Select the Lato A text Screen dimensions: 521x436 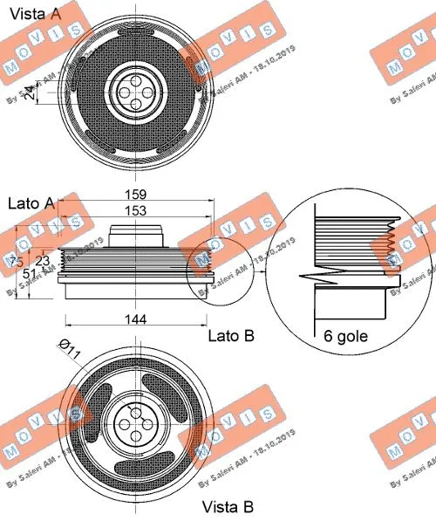31,203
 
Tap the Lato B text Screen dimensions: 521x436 230,335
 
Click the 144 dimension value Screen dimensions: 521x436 136,320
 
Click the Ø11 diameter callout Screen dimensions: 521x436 69,351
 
